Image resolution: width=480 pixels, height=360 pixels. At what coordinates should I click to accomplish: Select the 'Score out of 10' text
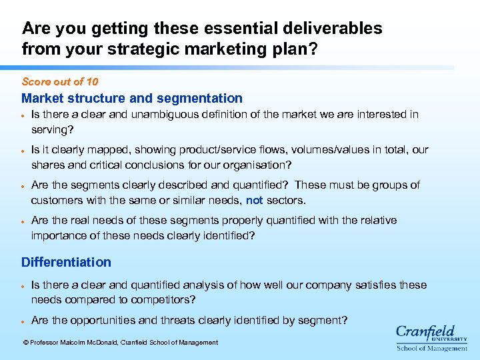pos(60,82)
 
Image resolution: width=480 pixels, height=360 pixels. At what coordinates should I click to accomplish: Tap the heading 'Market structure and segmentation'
pos(132,99)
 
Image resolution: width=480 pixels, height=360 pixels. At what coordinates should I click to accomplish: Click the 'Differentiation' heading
pos(66,263)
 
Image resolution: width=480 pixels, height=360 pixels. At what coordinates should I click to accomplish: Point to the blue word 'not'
pos(254,200)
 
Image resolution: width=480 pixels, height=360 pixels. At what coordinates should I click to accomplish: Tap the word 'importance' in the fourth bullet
pos(57,235)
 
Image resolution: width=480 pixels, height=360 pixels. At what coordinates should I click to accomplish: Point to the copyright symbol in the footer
pos(25,343)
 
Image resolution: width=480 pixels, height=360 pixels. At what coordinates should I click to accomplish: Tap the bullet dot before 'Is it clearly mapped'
pos(23,151)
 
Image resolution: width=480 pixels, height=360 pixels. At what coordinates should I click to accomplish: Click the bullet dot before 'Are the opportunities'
pos(23,321)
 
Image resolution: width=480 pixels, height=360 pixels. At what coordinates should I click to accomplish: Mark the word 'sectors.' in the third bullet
pos(286,200)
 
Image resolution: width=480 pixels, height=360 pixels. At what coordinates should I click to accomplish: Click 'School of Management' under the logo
pos(431,348)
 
